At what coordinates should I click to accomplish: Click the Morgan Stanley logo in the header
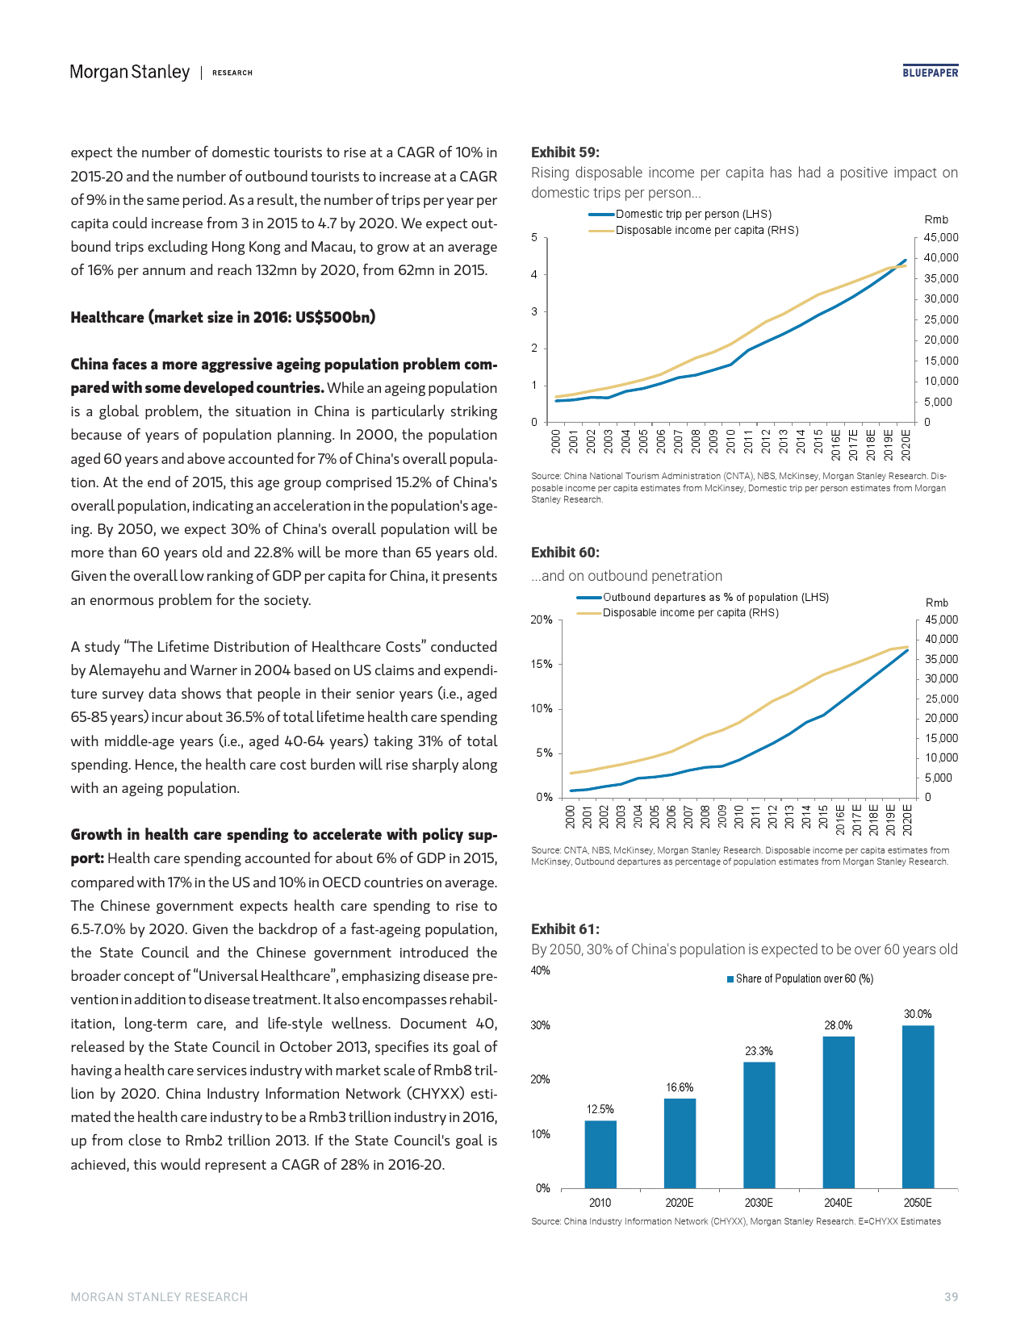click(130, 73)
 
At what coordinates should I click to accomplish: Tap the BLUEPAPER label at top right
click(930, 73)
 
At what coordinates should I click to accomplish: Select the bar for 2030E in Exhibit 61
click(759, 1124)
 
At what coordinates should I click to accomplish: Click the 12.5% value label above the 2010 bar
click(600, 1109)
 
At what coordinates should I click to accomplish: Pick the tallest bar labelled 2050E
click(918, 1107)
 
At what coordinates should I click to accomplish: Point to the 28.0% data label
click(838, 1025)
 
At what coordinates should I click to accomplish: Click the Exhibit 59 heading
click(565, 152)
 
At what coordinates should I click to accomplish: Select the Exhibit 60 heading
click(565, 553)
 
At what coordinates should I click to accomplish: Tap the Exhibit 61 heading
click(565, 929)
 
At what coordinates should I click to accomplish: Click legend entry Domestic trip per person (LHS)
click(692, 214)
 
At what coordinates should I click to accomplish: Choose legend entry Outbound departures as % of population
click(715, 597)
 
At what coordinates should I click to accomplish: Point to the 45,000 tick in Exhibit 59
click(941, 237)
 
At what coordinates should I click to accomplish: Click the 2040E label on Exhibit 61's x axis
click(838, 1202)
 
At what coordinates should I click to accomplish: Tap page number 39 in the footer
click(951, 1297)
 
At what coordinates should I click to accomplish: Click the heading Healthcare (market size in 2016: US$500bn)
click(223, 317)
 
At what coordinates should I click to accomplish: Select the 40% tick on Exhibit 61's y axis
click(540, 970)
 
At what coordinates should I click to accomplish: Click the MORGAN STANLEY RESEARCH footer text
click(159, 1297)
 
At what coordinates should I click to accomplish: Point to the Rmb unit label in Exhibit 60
click(936, 603)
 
